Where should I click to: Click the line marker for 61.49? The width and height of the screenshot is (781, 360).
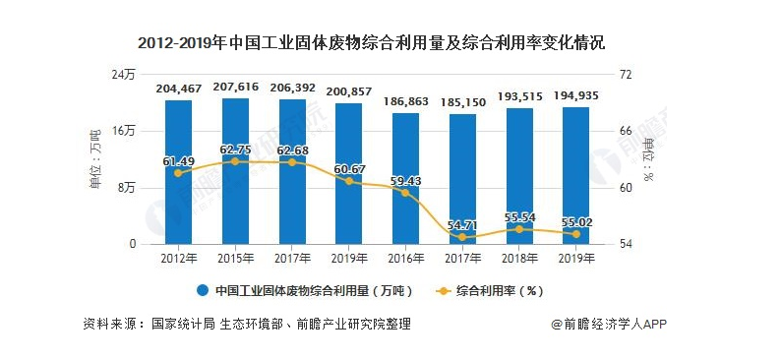[178, 173]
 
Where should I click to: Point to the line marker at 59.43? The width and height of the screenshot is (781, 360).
[406, 193]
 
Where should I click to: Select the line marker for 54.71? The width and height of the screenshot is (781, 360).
[463, 237]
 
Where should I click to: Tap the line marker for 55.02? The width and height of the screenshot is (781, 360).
[576, 234]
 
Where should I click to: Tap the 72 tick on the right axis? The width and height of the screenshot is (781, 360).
[622, 75]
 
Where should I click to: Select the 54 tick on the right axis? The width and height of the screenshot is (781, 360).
[622, 244]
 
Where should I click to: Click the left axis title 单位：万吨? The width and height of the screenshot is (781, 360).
[95, 158]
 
